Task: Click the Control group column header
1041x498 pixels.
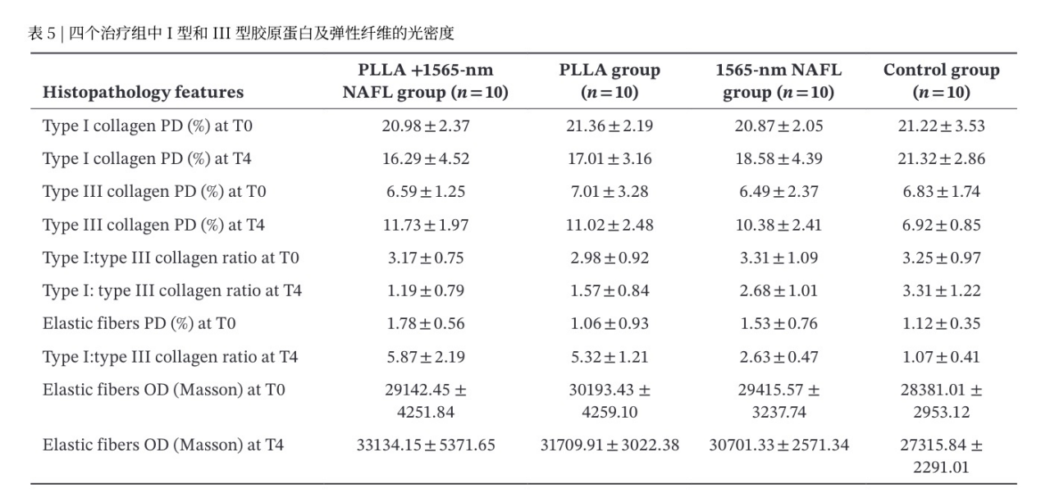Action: click(x=941, y=81)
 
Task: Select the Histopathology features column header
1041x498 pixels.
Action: click(x=143, y=92)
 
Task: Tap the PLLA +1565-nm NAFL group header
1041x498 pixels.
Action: click(x=425, y=81)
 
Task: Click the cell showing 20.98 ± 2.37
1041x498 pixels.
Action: click(x=426, y=126)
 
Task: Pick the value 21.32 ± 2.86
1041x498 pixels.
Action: click(x=941, y=158)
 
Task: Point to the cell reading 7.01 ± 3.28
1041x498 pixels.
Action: click(x=610, y=191)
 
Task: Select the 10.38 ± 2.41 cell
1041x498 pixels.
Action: click(x=778, y=225)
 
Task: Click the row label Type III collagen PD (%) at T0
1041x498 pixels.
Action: click(x=154, y=192)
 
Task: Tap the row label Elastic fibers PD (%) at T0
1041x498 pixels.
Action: click(x=139, y=323)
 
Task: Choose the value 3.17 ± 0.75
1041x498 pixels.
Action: click(x=426, y=258)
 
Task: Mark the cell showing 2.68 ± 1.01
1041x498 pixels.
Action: click(x=778, y=290)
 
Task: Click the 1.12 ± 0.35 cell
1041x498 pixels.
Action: click(x=941, y=323)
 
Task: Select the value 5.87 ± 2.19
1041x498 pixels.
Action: click(x=426, y=357)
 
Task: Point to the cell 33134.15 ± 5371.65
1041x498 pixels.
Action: click(x=426, y=445)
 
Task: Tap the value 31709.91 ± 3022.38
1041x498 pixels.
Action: click(x=610, y=445)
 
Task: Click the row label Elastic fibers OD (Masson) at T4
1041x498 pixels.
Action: click(x=163, y=445)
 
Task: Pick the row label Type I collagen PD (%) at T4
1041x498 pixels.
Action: click(x=147, y=159)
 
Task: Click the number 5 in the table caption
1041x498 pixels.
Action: click(x=51, y=34)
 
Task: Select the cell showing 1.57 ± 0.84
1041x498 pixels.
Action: click(x=610, y=290)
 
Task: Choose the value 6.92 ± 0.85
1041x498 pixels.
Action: click(x=941, y=225)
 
